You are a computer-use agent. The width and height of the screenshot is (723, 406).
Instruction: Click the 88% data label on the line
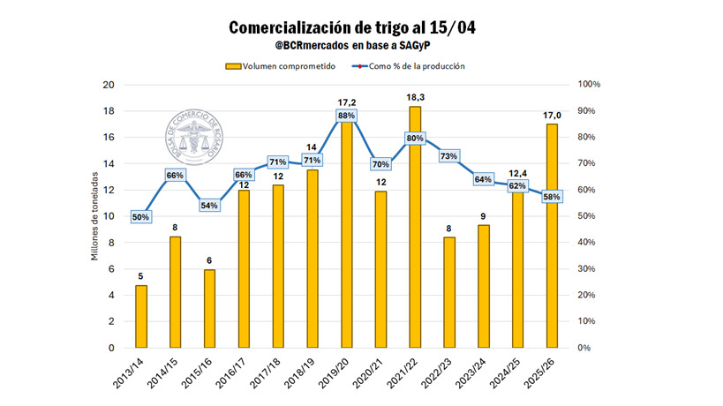pos(346,116)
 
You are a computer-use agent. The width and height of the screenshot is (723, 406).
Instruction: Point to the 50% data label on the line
pos(141,216)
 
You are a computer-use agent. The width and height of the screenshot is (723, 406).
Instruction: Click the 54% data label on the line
pos(209,206)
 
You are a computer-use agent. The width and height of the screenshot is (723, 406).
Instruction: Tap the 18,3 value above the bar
pos(415,96)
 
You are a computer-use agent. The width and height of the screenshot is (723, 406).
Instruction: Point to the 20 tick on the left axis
pos(109,85)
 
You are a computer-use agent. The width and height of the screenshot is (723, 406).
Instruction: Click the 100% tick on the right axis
pos(589,85)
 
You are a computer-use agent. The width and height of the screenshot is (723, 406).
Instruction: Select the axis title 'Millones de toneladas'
pos(94,216)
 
